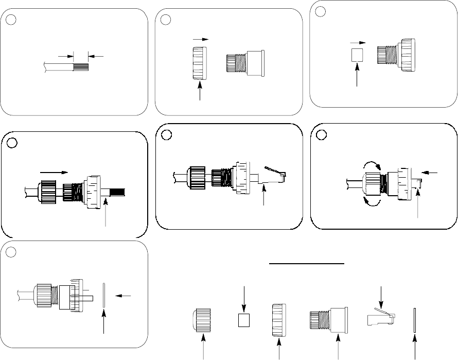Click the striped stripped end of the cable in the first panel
pyautogui.click(x=82, y=66)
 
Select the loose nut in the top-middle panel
pyautogui.click(x=198, y=63)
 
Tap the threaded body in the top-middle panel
pyautogui.click(x=245, y=63)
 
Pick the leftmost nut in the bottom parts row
pyautogui.click(x=204, y=319)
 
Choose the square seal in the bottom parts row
pyautogui.click(x=244, y=320)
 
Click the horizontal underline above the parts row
pyautogui.click(x=307, y=263)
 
